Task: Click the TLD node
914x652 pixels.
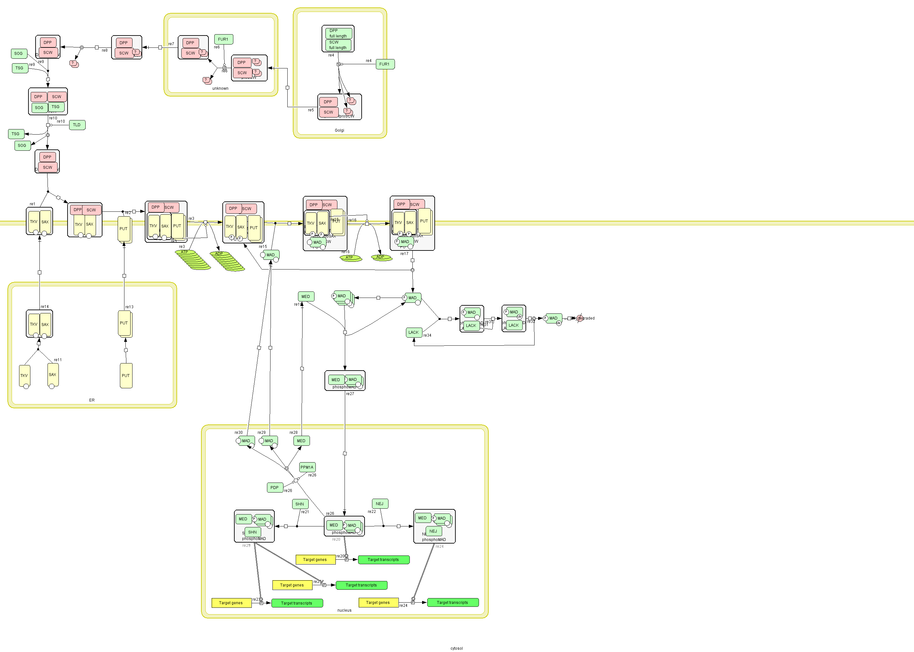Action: coord(77,125)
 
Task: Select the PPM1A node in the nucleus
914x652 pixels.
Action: coord(307,467)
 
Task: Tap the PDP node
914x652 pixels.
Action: coord(274,487)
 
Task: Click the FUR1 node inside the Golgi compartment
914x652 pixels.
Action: coord(385,64)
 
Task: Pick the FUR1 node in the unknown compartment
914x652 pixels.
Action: coord(223,39)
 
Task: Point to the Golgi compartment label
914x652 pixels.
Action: coord(339,130)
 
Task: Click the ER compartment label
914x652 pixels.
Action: coord(92,400)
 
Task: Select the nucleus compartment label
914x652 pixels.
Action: coord(344,610)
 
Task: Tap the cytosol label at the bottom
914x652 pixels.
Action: coord(456,648)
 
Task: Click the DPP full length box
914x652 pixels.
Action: coord(338,33)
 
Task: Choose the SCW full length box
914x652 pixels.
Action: coord(338,45)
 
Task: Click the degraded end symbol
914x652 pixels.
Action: coord(579,318)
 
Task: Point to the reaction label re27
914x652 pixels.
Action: coord(350,394)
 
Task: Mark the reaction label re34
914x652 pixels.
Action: coord(427,336)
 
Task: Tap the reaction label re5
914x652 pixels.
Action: coord(311,110)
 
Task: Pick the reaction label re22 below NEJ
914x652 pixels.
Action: coord(372,512)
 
